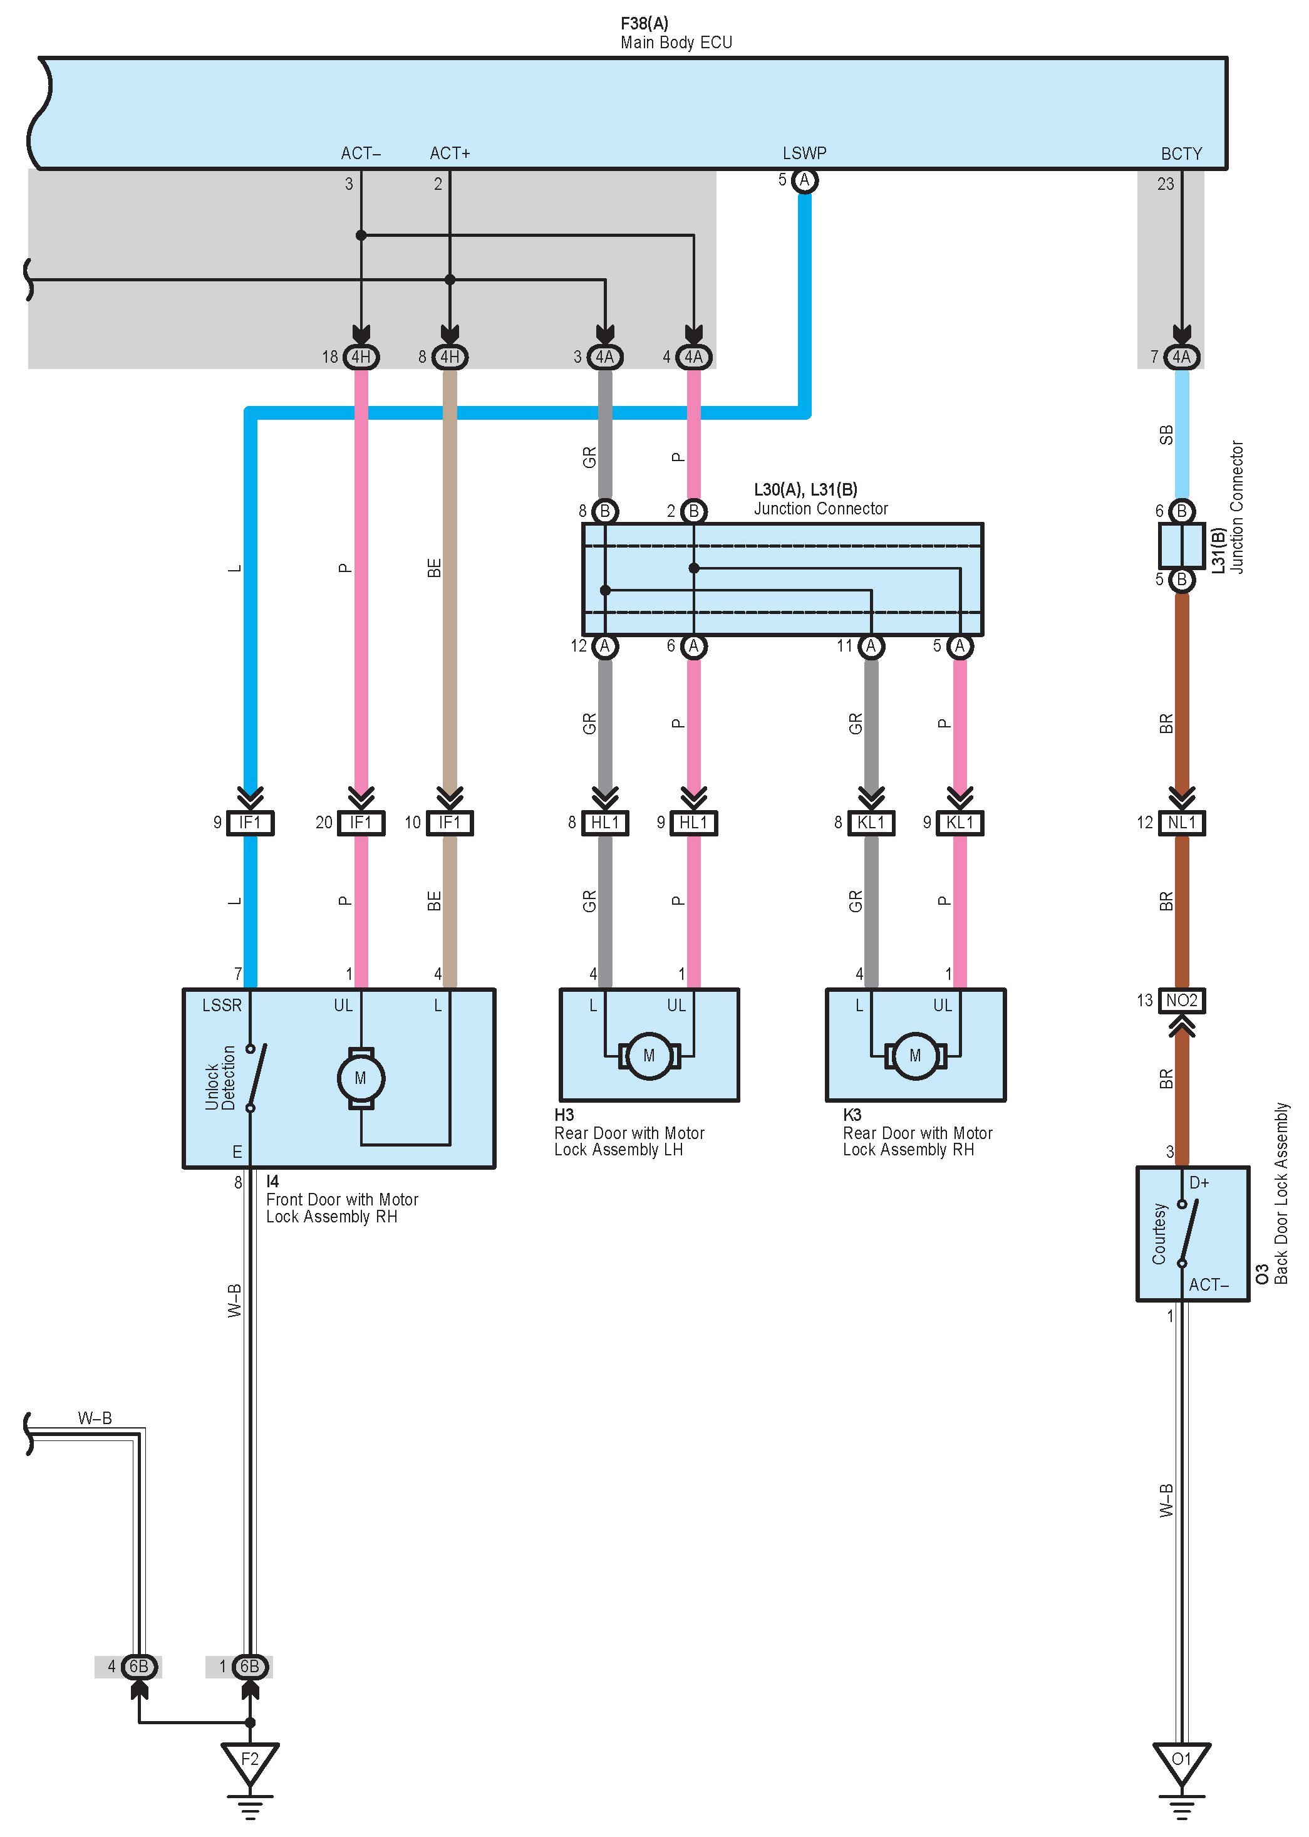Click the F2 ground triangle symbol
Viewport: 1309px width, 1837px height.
click(x=250, y=1761)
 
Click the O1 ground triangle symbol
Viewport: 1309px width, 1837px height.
click(x=1182, y=1761)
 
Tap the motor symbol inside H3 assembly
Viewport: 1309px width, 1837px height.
click(x=649, y=1056)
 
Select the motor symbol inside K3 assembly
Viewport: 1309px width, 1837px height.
click(x=915, y=1056)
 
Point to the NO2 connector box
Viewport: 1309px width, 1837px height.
click(x=1182, y=1001)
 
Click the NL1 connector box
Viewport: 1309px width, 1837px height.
click(x=1182, y=823)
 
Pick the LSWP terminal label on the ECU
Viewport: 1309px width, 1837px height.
click(x=804, y=154)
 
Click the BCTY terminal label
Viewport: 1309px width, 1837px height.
click(x=1182, y=154)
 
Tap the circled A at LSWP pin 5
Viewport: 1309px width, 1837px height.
click(x=804, y=180)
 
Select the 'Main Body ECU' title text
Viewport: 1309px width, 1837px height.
click(x=676, y=43)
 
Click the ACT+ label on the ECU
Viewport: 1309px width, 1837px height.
click(x=450, y=154)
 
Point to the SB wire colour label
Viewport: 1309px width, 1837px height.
click(x=1166, y=435)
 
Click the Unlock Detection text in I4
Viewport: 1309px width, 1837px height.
click(x=220, y=1078)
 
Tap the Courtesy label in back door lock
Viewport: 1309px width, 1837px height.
click(x=1159, y=1234)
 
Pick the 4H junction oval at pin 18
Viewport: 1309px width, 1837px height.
click(x=361, y=356)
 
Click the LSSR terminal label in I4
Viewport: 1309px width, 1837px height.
click(x=222, y=1005)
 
